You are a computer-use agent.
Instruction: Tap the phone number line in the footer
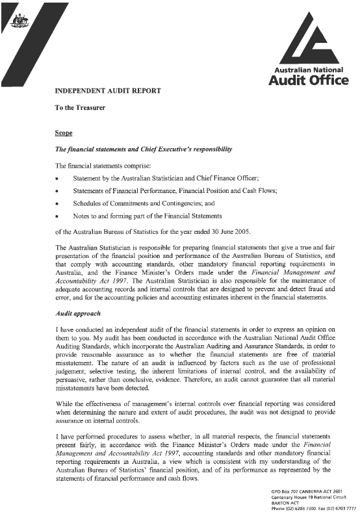point(313,509)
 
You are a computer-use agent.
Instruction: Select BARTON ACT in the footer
point(284,503)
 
